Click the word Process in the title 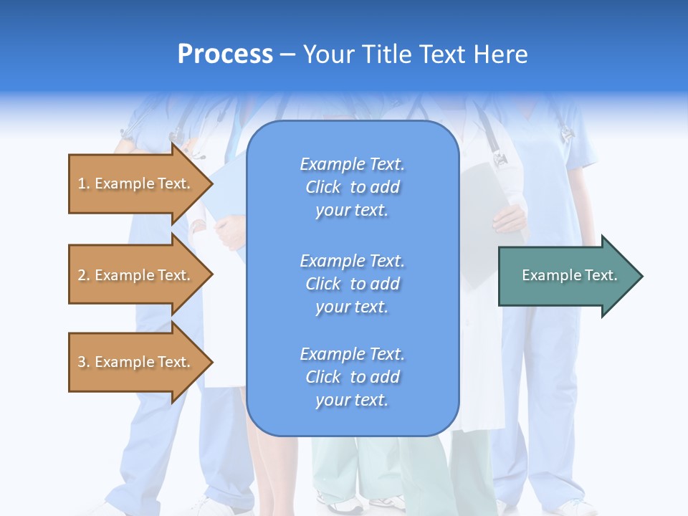225,54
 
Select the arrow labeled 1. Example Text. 136,183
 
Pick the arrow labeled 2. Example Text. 136,275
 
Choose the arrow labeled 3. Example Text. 136,362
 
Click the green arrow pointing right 566,275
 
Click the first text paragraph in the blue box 352,187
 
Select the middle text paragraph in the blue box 352,284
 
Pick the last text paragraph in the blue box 352,377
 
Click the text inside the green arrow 569,275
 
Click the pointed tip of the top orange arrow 211,183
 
